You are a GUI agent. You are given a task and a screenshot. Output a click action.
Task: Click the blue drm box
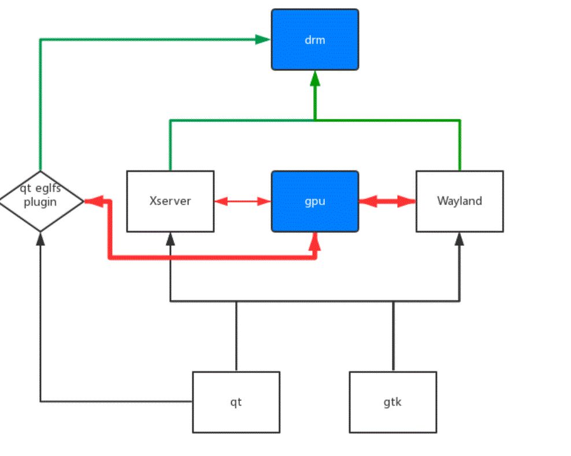coord(315,40)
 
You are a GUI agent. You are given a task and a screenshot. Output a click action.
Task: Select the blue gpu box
coord(315,201)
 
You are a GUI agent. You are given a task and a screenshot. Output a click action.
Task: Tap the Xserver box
coord(170,201)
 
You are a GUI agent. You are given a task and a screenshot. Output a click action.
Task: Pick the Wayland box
coord(460,201)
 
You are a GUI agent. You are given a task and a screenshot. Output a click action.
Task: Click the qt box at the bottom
coord(236,402)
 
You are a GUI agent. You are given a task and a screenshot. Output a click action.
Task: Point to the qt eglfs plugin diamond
coord(40,201)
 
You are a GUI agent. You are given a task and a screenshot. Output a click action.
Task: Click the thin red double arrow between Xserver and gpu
coord(243,201)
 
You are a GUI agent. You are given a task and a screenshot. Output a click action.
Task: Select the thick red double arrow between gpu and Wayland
coord(387,201)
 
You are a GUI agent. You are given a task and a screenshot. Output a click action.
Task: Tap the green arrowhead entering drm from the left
coord(263,39)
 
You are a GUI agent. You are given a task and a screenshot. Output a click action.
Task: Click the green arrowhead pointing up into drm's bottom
coord(315,78)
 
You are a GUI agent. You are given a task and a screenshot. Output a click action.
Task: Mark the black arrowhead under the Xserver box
coord(170,239)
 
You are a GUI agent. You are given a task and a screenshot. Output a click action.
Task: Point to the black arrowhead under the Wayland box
coord(459,239)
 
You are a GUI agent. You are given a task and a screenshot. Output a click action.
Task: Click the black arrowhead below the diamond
coord(40,239)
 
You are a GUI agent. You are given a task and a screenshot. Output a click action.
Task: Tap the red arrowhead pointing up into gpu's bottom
coord(315,241)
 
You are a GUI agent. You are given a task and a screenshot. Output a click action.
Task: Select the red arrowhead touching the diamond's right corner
coord(94,201)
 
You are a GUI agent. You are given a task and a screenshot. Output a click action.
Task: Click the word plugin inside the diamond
coord(40,202)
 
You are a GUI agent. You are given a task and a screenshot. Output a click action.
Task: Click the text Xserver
coord(170,201)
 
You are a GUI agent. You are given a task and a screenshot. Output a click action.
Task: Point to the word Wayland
coord(460,201)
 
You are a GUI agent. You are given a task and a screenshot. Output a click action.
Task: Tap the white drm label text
coord(315,40)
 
